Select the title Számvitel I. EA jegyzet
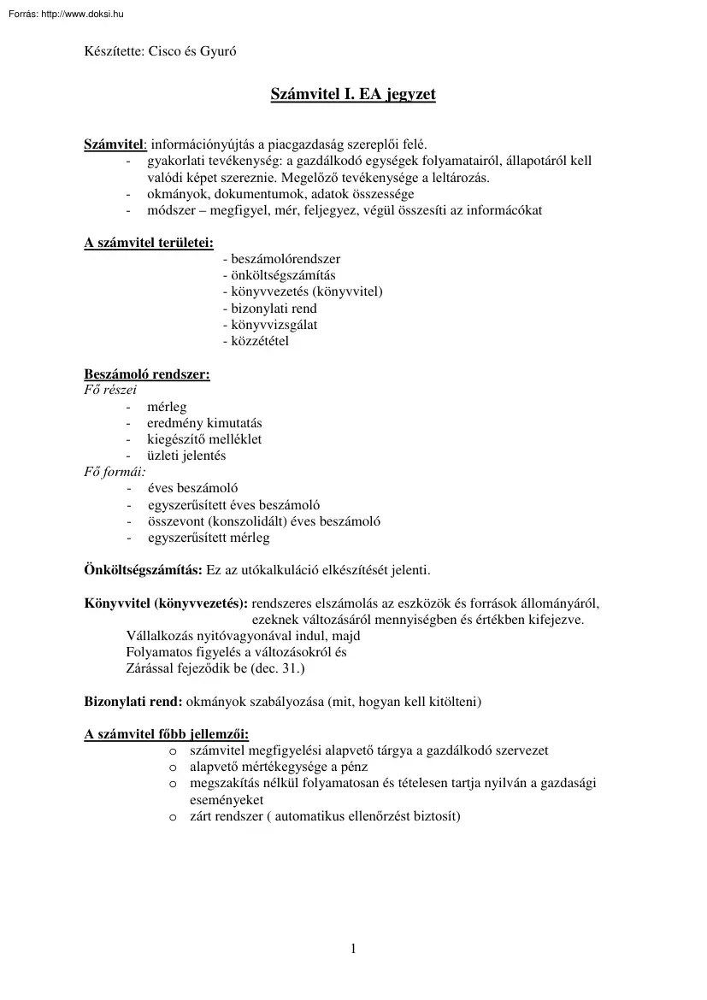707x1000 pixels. pos(353,94)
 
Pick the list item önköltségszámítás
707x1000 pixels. pos(278,275)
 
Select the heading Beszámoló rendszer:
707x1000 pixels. pos(146,374)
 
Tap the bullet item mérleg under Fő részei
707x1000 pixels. pos(167,407)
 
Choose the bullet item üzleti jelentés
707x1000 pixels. pos(186,456)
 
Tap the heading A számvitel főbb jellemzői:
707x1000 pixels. pos(166,734)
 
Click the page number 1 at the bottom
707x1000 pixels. pos(353,949)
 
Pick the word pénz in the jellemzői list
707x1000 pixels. pos(355,767)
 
